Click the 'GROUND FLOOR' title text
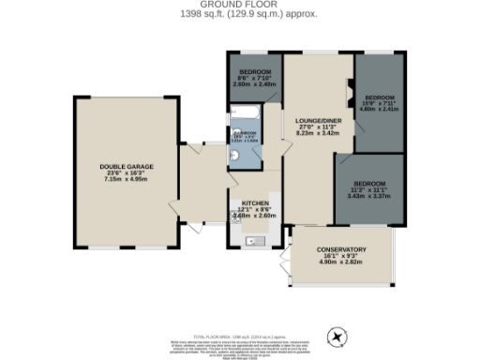[x=239, y=5]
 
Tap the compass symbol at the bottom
[x=336, y=337]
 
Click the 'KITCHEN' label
[x=256, y=202]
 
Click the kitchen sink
[x=251, y=241]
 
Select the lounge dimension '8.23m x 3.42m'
[x=316, y=134]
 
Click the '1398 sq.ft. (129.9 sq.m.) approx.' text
[x=239, y=14]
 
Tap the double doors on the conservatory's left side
[x=286, y=262]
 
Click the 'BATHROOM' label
[x=246, y=135]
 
